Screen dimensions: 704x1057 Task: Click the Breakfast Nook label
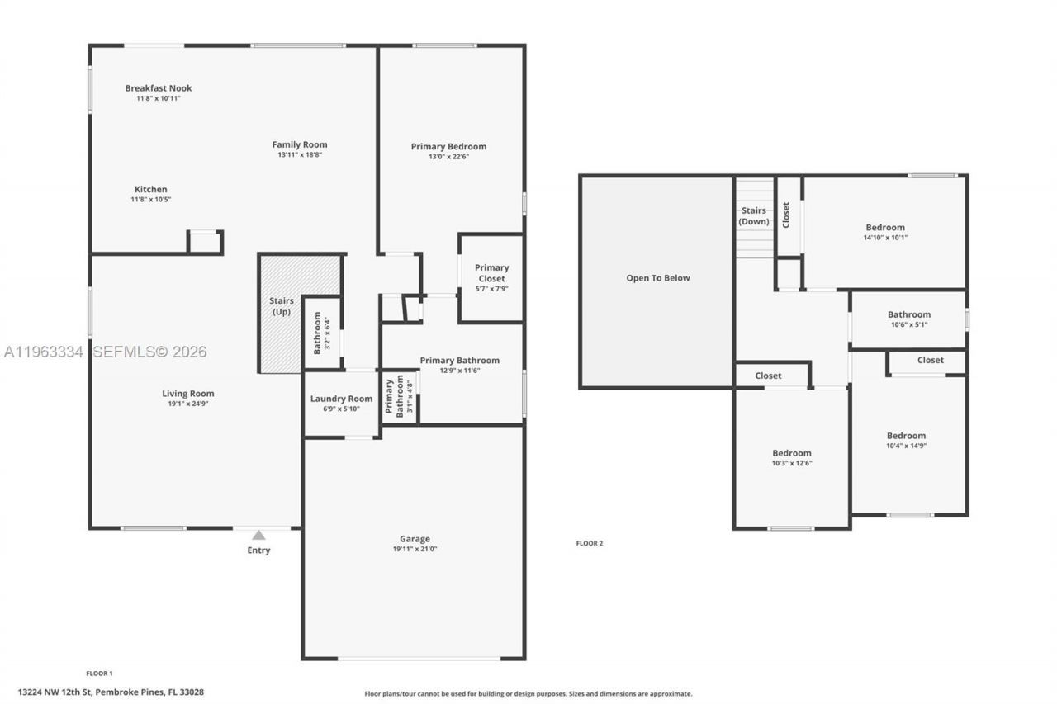[x=158, y=88]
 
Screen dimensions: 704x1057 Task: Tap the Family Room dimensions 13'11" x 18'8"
[x=300, y=154]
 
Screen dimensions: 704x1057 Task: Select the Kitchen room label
[x=151, y=190]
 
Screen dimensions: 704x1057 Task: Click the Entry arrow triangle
[x=258, y=535]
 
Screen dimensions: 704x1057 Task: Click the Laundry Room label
[x=341, y=399]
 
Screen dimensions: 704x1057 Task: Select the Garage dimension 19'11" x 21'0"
[x=415, y=549]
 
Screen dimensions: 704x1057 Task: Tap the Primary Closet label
[x=491, y=273]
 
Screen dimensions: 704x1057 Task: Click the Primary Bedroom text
[x=448, y=147]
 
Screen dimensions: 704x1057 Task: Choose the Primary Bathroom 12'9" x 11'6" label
[x=459, y=361]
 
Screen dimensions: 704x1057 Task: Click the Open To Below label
[x=657, y=278]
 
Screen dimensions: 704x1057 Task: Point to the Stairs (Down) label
[x=753, y=216]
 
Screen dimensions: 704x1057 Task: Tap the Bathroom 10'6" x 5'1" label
[x=908, y=314]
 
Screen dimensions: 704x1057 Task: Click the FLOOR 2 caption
[x=589, y=543]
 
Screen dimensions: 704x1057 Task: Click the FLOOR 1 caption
[x=99, y=673]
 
